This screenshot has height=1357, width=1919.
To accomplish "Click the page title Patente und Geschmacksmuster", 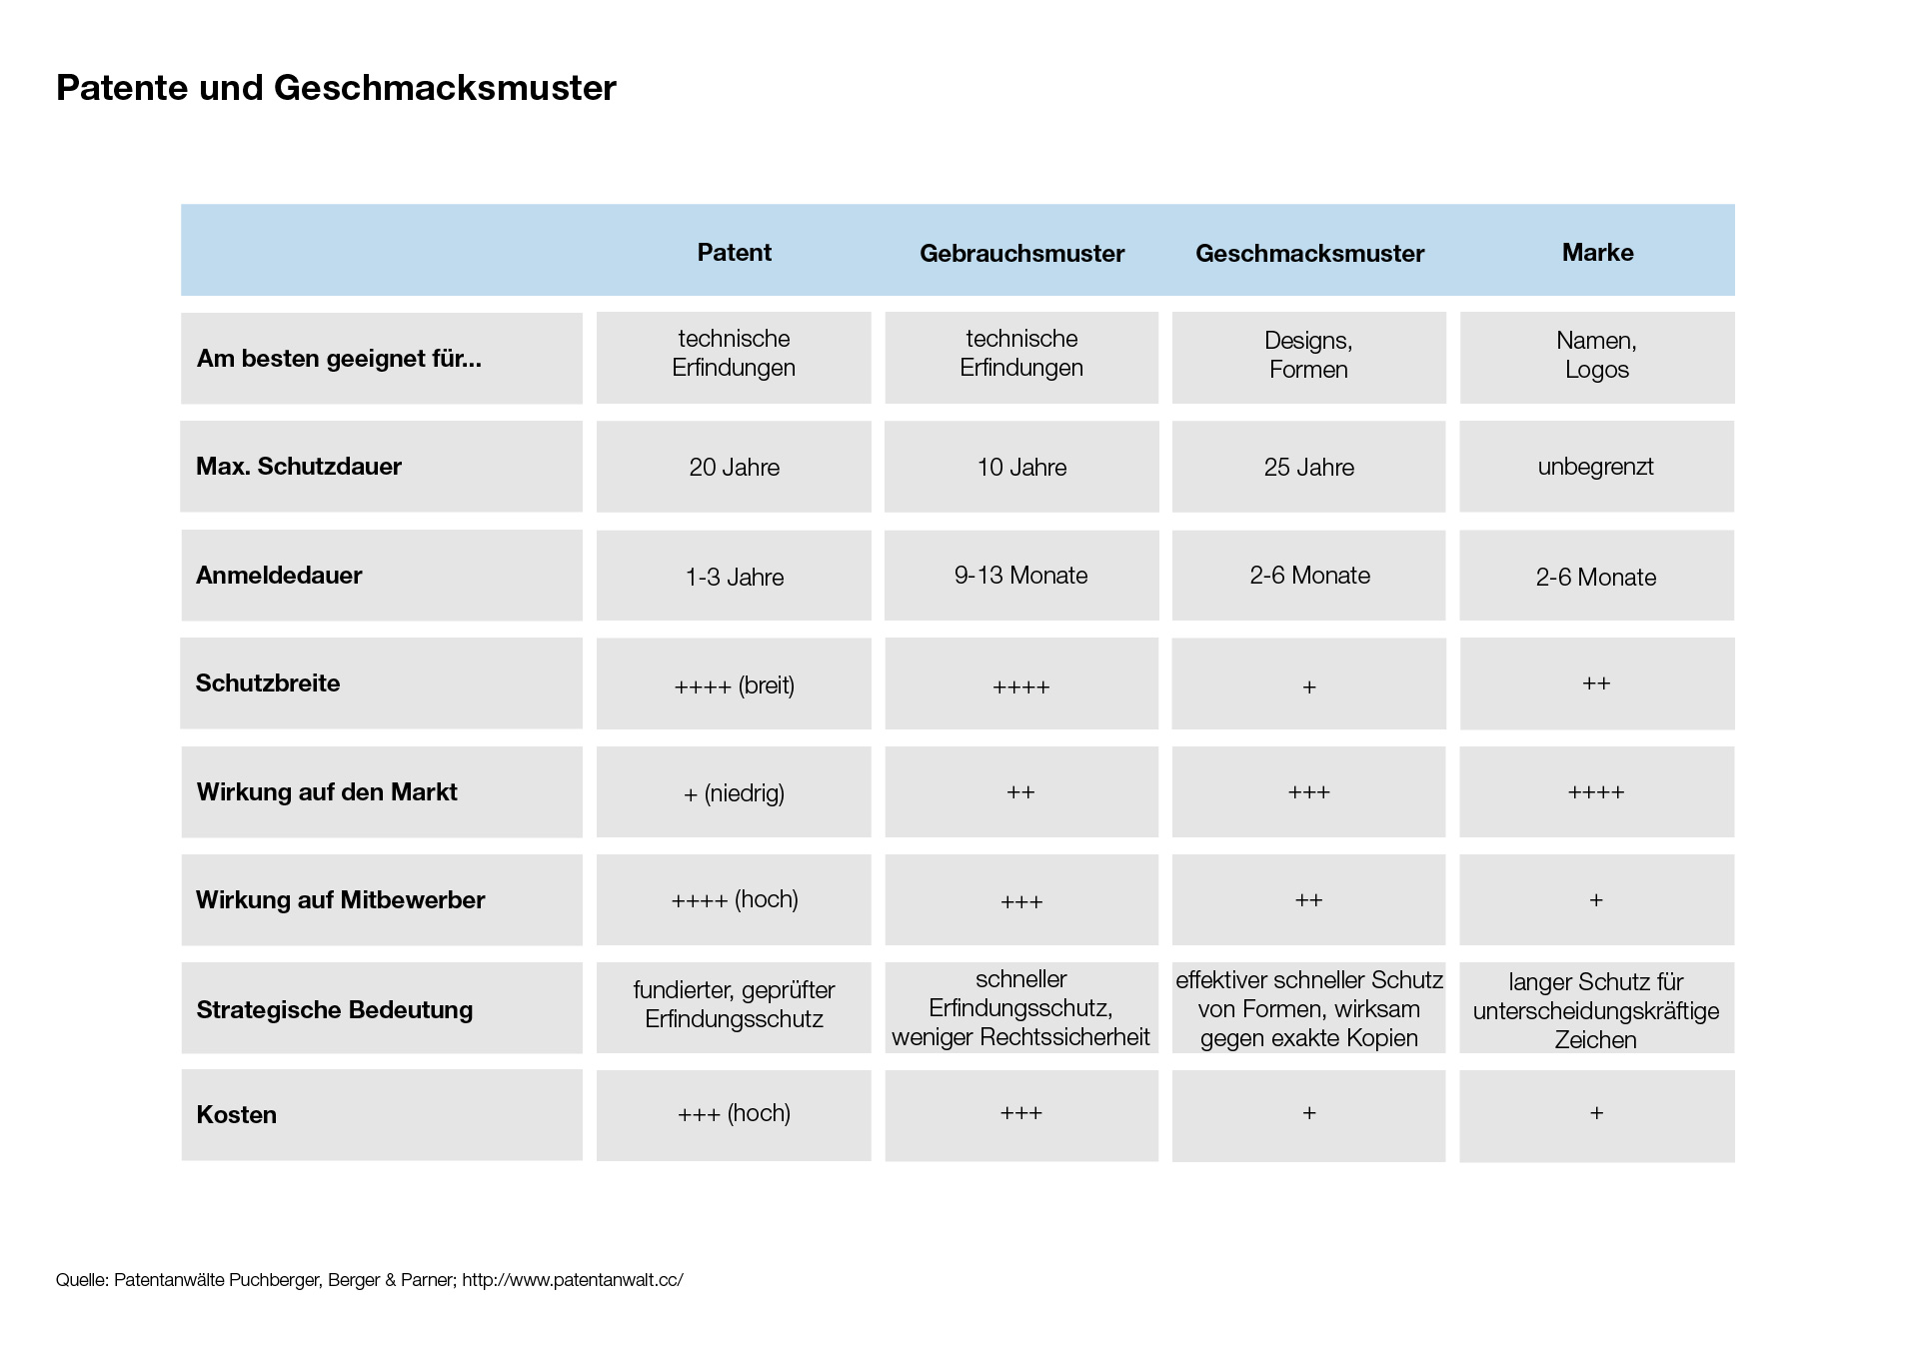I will pos(336,88).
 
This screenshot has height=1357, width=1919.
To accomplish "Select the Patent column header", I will pos(734,252).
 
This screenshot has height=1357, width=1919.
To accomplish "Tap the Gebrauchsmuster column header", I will pos(1021,253).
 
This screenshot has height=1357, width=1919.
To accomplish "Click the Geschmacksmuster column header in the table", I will pos(1309,253).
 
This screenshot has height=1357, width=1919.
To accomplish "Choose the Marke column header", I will pos(1597,252).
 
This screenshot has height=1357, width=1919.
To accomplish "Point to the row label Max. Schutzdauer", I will pos(299,467).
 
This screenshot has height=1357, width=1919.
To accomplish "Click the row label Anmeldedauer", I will pos(279,576).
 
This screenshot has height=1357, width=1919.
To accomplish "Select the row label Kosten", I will pos(236,1115).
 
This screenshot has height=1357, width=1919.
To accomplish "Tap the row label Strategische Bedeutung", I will pos(334,1009).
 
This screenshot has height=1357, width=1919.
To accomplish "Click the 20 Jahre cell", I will pos(734,468).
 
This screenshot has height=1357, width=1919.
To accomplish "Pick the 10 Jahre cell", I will pos(1021,468).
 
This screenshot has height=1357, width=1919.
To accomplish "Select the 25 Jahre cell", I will pos(1308,468).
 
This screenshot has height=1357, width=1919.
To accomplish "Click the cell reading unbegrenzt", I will pos(1595,467).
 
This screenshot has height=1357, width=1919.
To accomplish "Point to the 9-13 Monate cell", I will pos(1020,576).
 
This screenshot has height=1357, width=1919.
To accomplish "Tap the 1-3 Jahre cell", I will pos(734,578).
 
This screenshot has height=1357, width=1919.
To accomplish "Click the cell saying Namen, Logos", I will pos(1596,356).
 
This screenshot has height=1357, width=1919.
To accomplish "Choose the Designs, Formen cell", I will pos(1308,356).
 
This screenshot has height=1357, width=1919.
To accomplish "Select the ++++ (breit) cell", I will pos(734,685).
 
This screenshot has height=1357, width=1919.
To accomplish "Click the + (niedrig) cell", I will pos(734,793).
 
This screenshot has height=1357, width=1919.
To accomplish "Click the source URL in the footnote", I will pos(573,1280).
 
